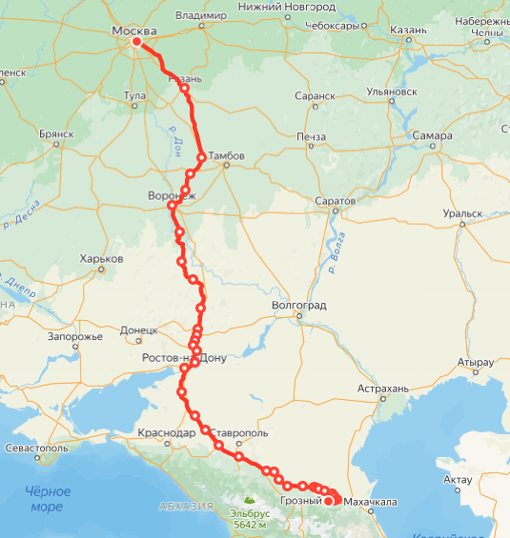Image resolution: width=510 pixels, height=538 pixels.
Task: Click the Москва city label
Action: click(x=133, y=31)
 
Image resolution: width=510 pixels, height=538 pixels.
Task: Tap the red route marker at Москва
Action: click(x=137, y=42)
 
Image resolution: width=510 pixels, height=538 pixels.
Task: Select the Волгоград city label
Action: click(x=299, y=306)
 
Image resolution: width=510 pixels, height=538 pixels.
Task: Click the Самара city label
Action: click(x=433, y=135)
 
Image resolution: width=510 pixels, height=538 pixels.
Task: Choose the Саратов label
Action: click(x=336, y=202)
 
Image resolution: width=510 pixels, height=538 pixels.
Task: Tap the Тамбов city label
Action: click(x=227, y=155)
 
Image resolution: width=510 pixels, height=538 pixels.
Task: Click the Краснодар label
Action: click(x=167, y=433)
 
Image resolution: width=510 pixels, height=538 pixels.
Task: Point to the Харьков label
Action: click(x=102, y=259)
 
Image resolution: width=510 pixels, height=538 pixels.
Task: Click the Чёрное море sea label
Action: click(x=48, y=499)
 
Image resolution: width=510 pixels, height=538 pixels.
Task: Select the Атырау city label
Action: click(x=475, y=363)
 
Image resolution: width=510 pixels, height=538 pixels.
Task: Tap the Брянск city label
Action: click(x=56, y=134)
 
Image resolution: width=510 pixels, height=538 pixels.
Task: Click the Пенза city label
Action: click(x=311, y=136)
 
